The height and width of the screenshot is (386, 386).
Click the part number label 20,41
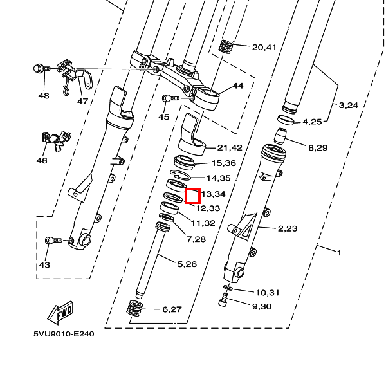pyautogui.click(x=264, y=47)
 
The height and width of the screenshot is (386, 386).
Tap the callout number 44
pyautogui.click(x=238, y=86)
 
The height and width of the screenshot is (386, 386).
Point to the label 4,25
pyautogui.click(x=312, y=121)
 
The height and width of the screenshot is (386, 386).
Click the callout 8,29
pyautogui.click(x=318, y=148)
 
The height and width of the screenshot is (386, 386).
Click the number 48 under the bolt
pyautogui.click(x=43, y=95)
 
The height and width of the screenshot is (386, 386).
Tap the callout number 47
pyautogui.click(x=82, y=101)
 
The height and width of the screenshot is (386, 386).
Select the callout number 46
pyautogui.click(x=41, y=160)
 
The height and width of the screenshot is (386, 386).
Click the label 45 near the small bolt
pyautogui.click(x=163, y=117)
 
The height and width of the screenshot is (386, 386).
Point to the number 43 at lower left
pyautogui.click(x=44, y=264)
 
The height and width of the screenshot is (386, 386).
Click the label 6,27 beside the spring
pyautogui.click(x=172, y=309)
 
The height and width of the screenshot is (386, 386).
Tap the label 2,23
pyautogui.click(x=288, y=228)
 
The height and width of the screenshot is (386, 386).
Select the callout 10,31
pyautogui.click(x=268, y=293)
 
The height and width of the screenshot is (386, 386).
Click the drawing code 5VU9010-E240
pyautogui.click(x=64, y=335)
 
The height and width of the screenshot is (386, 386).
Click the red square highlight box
pyautogui.click(x=193, y=195)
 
